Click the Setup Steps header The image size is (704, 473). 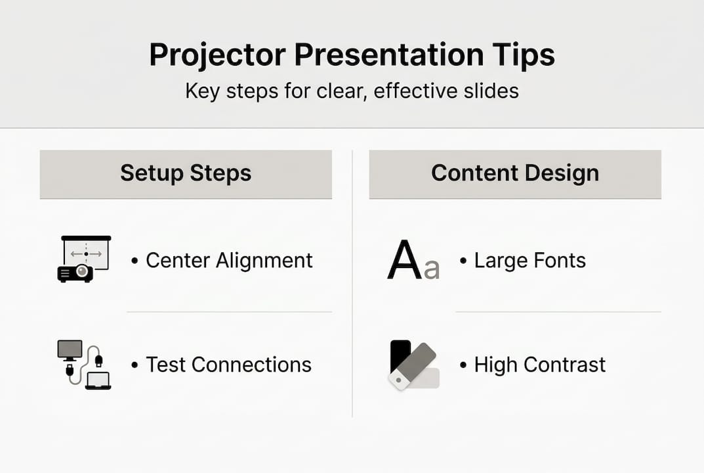tap(186, 173)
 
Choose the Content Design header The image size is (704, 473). tap(515, 173)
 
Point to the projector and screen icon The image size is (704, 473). tap(84, 258)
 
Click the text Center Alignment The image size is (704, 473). tap(229, 260)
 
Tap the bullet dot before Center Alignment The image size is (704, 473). tap(135, 261)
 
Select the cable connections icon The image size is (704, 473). tap(84, 365)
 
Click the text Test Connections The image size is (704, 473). tap(228, 365)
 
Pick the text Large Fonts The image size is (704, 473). tap(529, 260)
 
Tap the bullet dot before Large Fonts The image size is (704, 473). tap(463, 261)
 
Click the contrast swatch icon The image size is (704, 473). tap(413, 365)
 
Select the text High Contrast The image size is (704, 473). tap(539, 365)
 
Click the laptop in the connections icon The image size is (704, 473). tap(98, 380)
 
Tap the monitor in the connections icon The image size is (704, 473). tap(70, 349)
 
